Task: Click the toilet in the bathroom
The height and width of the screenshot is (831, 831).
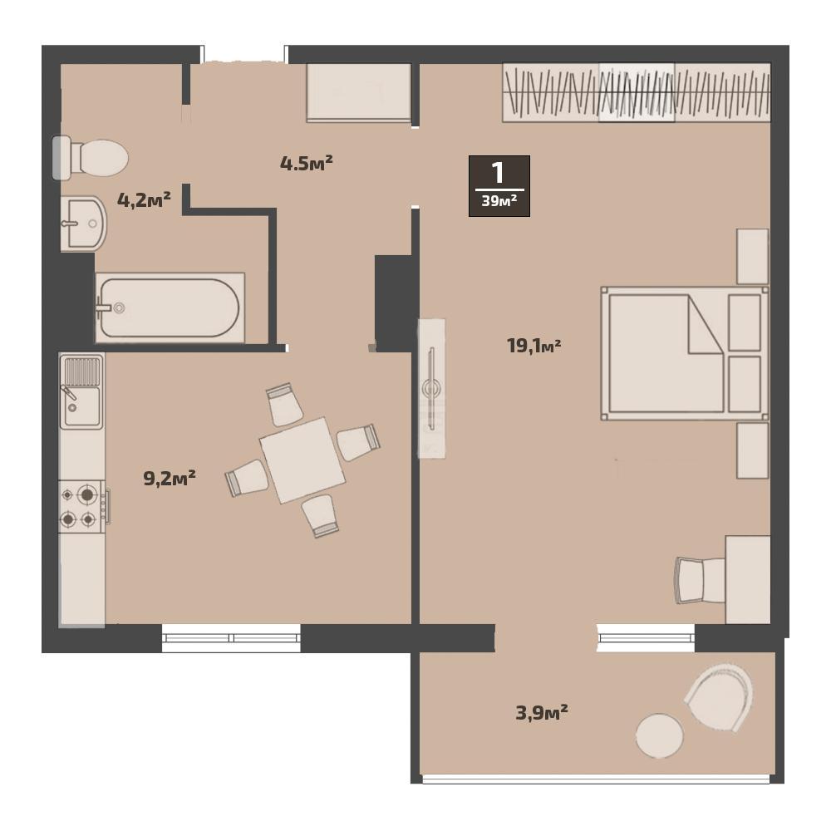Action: point(90,157)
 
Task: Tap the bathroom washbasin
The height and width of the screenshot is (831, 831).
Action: point(83,224)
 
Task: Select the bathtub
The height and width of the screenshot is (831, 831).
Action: point(170,308)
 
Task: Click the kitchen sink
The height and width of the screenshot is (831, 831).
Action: point(81,391)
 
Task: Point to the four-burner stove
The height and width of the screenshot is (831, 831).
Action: point(82,507)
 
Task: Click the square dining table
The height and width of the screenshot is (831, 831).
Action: point(302,460)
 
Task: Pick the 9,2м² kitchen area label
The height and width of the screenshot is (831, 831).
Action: point(170,478)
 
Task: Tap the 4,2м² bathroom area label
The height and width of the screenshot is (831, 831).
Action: point(144,199)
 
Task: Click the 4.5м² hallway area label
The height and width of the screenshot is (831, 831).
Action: point(307,163)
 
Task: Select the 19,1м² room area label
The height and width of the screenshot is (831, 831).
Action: point(534,346)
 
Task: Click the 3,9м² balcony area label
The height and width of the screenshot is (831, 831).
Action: point(542,712)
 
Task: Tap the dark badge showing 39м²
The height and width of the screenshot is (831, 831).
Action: point(499,186)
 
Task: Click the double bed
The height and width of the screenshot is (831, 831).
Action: point(685,353)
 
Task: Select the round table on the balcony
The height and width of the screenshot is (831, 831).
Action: point(659,735)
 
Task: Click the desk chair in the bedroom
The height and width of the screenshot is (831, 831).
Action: point(700,580)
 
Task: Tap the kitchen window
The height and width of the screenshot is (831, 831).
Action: point(231,638)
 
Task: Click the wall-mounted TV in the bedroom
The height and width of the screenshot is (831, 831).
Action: point(432,388)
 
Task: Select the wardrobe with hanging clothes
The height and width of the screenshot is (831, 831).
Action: point(637,93)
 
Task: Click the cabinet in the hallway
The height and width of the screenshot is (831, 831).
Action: point(359,93)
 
